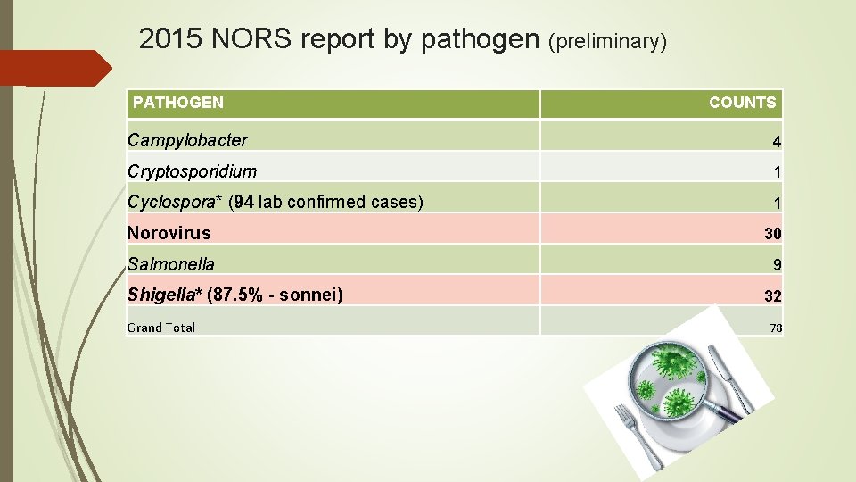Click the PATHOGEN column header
178,103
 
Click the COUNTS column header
742,103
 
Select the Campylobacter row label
188,140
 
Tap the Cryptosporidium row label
193,171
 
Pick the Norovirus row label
169,233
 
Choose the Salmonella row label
171,264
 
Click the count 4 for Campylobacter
777,142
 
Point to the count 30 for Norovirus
772,234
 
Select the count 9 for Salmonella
777,265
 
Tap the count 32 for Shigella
772,296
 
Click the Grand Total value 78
776,328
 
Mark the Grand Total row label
161,328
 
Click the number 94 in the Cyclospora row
244,202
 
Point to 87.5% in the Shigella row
236,295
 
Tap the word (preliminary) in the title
607,41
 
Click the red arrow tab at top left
53,68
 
